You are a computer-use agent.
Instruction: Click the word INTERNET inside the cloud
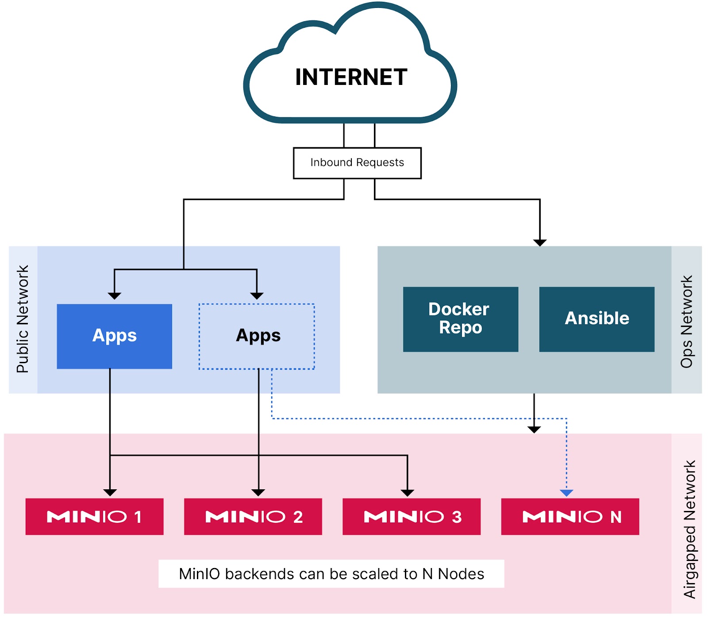(351, 77)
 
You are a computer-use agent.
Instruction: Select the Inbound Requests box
(357, 163)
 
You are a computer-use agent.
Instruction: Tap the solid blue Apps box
(114, 336)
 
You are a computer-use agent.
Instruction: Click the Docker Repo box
(460, 319)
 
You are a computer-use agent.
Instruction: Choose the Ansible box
(596, 319)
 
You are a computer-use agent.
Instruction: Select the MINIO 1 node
(94, 516)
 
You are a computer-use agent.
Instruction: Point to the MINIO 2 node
(253, 516)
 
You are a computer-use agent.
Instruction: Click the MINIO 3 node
(411, 516)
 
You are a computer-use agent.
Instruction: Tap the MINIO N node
(570, 516)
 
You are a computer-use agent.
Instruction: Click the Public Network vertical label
(23, 319)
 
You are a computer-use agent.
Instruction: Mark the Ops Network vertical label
(686, 322)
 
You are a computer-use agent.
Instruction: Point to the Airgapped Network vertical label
(689, 529)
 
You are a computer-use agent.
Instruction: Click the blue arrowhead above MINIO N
(566, 493)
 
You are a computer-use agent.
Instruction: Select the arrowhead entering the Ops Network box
(540, 242)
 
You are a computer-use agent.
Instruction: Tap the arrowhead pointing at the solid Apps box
(115, 296)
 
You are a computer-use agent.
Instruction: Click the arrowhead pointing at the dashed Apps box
(257, 296)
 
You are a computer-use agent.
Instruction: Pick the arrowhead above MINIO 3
(407, 493)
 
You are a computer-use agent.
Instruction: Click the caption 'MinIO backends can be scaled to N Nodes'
(331, 574)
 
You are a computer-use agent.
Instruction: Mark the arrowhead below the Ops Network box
(534, 430)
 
